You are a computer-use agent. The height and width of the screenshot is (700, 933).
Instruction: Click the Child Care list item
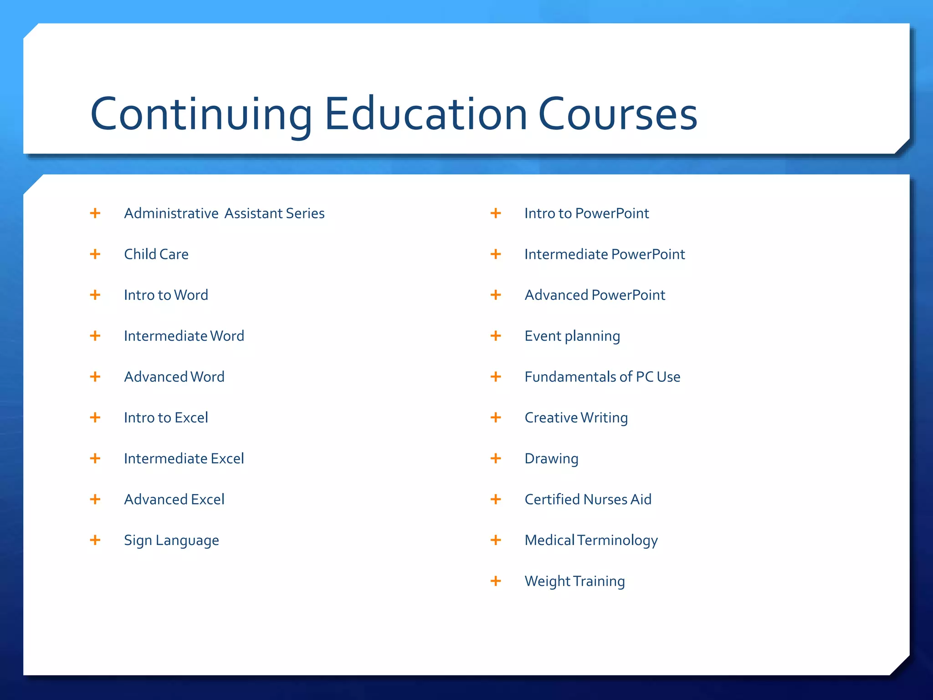click(x=156, y=254)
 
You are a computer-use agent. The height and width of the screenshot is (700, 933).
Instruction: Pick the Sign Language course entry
click(x=171, y=540)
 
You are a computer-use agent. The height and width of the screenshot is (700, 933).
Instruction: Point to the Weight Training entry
click(x=574, y=582)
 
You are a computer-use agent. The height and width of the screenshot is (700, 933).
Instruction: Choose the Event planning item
click(x=572, y=336)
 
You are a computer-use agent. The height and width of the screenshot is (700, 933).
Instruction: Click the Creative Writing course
click(x=576, y=418)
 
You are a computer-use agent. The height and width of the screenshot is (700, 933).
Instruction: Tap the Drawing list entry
click(x=551, y=459)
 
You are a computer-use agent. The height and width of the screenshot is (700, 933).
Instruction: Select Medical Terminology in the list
click(x=591, y=540)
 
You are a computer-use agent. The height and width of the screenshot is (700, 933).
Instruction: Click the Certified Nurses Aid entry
click(x=588, y=499)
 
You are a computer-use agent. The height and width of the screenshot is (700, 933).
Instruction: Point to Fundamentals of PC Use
click(x=602, y=377)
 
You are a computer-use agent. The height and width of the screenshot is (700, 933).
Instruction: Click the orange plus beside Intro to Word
click(x=95, y=295)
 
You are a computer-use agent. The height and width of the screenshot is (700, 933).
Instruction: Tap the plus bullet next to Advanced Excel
click(x=95, y=499)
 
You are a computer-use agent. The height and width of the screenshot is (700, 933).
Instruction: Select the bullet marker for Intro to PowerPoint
click(x=496, y=213)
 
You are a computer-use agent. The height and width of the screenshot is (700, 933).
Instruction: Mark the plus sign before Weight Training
click(x=496, y=581)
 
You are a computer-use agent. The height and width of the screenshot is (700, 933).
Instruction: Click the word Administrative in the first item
click(x=171, y=213)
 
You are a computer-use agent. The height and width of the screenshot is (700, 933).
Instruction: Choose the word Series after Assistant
click(x=305, y=213)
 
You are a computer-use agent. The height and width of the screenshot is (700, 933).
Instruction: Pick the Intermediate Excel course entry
click(x=184, y=458)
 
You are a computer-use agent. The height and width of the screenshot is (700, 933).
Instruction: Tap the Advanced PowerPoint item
click(x=595, y=295)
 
